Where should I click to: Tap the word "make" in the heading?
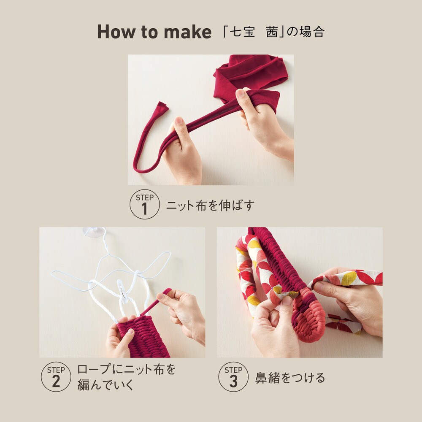coord(188,32)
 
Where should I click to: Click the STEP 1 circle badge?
coord(144,204)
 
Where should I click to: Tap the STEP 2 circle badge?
coord(56,377)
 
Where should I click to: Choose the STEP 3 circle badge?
coord(233,377)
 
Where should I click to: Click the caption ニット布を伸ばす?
coord(211,206)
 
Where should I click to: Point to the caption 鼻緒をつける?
coord(290,378)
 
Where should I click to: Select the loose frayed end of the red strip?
coord(162,107)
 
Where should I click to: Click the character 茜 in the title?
coord(272,32)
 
